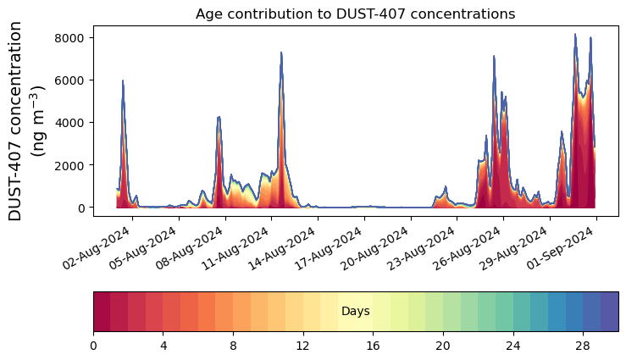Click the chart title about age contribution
point(355,14)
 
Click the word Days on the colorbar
point(355,312)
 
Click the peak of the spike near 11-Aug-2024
point(281,53)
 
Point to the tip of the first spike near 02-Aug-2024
point(123,80)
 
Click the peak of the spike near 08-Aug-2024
point(219,117)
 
